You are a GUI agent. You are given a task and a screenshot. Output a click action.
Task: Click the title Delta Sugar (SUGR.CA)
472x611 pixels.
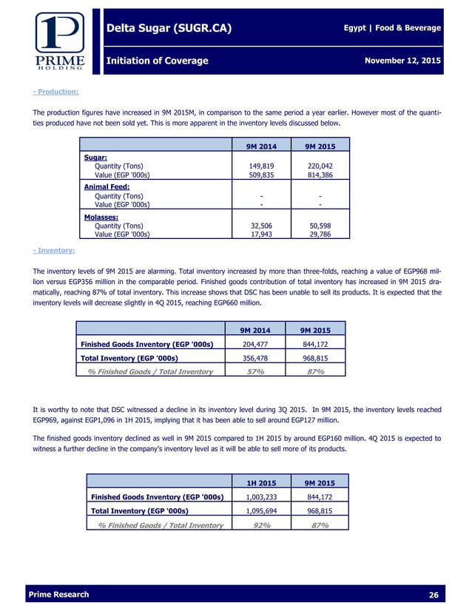(x=169, y=29)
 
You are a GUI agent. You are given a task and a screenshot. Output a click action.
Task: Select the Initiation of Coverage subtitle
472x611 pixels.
(x=158, y=60)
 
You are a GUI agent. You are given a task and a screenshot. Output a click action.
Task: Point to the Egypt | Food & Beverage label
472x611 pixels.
(x=392, y=28)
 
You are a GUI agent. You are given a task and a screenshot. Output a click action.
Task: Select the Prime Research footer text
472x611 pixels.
(x=58, y=595)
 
